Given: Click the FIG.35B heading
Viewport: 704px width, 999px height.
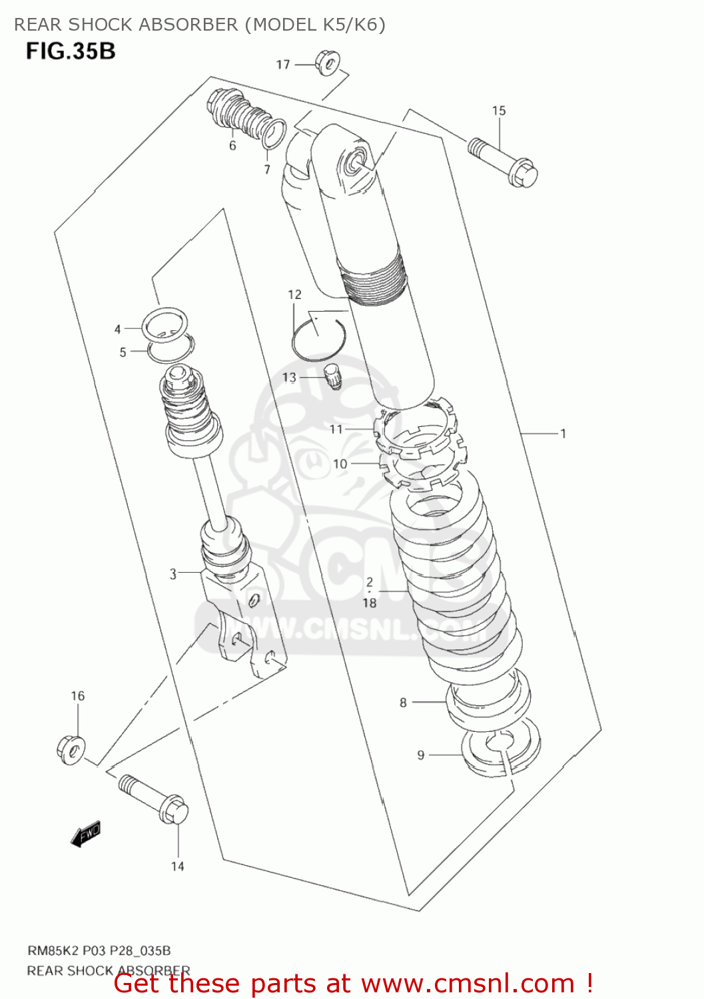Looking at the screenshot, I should tap(71, 51).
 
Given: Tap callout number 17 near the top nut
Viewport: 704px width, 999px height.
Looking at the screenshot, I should tap(283, 65).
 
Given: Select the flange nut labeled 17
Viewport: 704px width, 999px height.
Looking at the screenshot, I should tap(327, 63).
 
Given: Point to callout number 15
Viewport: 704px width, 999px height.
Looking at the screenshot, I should tap(499, 111).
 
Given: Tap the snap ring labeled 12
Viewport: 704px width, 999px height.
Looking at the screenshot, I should tap(317, 338).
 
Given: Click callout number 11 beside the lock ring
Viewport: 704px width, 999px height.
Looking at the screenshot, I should tap(336, 430).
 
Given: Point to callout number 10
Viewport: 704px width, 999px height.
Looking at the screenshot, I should tap(340, 464).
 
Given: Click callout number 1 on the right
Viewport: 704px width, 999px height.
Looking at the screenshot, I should tap(563, 434).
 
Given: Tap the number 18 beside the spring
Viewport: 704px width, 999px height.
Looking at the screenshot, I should tap(370, 603).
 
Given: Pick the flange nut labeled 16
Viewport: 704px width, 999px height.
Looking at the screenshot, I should tap(70, 749).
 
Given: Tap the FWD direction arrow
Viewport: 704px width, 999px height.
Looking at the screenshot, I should tap(86, 833).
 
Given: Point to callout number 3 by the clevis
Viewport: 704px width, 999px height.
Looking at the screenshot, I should tap(173, 573).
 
